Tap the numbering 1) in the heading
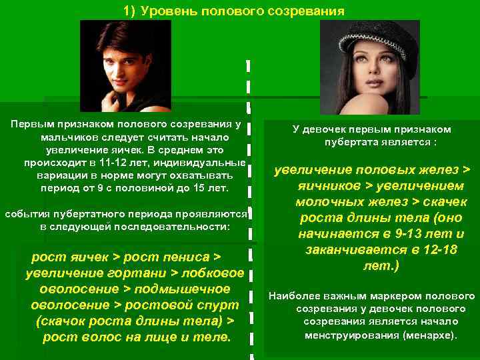tap(129, 11)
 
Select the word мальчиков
tap(67, 137)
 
